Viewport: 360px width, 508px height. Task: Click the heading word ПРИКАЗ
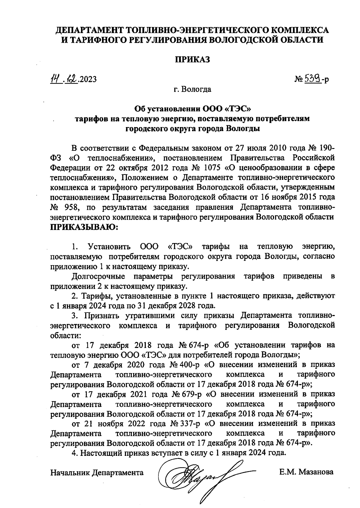192,59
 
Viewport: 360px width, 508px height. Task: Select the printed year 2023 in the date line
88,79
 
